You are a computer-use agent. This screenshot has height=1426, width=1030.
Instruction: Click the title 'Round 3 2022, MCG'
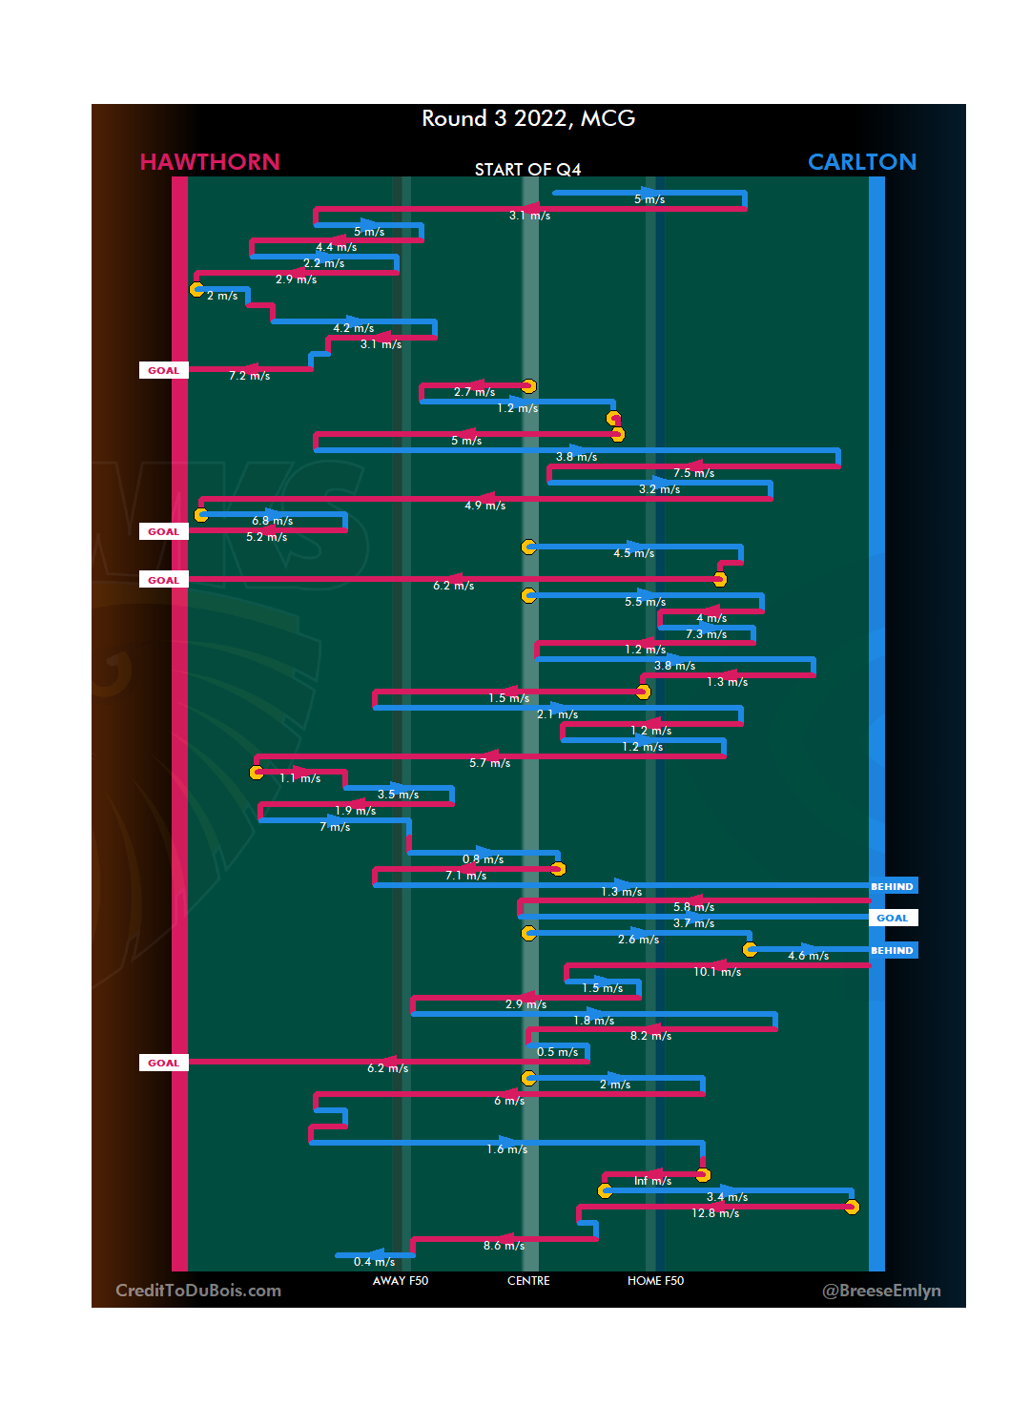pos(528,118)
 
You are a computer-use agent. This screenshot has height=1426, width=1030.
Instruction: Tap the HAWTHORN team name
pos(210,162)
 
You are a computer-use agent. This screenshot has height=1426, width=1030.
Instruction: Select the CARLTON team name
pos(862,162)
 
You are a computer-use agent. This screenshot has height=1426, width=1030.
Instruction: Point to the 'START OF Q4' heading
pos(527,170)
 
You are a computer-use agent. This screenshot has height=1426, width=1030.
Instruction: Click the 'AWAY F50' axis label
pos(401,1281)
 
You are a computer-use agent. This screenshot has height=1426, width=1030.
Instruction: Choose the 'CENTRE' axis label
pos(528,1281)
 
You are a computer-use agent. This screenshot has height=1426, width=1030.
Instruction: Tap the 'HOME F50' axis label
pos(655,1281)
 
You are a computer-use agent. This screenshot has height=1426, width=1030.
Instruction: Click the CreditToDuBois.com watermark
pos(198,1291)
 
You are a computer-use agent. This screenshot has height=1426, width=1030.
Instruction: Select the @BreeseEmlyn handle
pos(881,1291)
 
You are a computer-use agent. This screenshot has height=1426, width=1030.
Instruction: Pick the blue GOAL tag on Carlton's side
pos(893,918)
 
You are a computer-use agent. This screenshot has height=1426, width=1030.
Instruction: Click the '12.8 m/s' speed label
pos(715,1213)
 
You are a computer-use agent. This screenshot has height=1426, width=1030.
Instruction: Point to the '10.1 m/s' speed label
pos(717,972)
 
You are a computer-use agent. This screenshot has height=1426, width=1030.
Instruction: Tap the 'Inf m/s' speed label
pos(652,1181)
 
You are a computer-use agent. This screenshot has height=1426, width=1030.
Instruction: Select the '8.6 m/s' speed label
pos(504,1246)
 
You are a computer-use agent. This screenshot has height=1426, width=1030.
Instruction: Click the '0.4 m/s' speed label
pos(374,1262)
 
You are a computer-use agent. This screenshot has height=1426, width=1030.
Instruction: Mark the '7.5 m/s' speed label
pos(693,473)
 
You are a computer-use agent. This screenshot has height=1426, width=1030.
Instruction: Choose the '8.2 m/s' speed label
pos(650,1036)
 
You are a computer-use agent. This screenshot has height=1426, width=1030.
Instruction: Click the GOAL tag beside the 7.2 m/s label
pos(163,370)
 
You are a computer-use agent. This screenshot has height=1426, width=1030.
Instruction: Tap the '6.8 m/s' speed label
pos(272,521)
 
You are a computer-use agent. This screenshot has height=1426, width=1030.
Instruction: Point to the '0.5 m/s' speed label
pos(557,1052)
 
